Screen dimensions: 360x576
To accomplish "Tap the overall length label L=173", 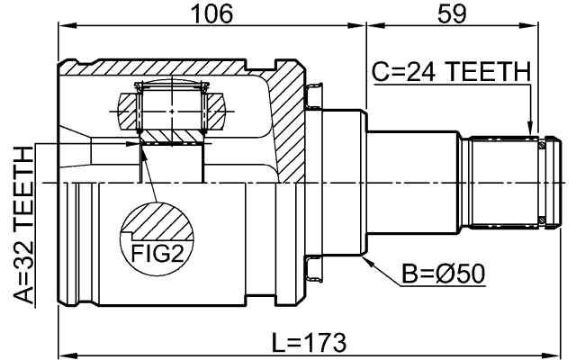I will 309,343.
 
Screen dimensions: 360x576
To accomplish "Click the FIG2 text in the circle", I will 153,253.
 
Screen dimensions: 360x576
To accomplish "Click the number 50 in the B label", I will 469,272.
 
